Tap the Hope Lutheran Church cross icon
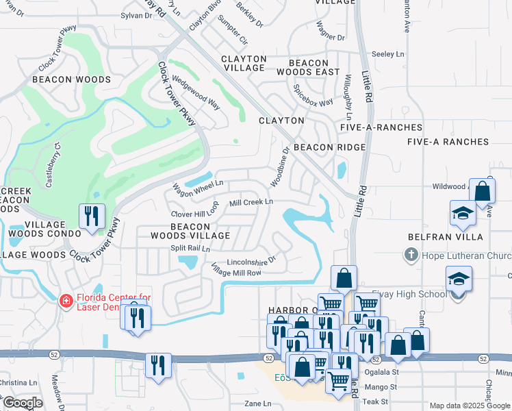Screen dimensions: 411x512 (411, 256)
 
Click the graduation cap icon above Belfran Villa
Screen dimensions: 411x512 (463, 213)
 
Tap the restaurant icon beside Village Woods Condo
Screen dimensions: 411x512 (90, 216)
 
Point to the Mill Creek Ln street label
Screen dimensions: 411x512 (251, 203)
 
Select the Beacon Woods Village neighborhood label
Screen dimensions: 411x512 (190, 231)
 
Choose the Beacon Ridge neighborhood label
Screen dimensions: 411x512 (329, 147)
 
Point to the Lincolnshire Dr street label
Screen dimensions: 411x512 (251, 260)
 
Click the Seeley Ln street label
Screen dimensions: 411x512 (388, 53)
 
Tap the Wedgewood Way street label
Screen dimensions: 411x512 (196, 93)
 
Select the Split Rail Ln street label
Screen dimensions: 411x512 (190, 248)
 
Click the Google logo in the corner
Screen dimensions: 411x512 (22, 403)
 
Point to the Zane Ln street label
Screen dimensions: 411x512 (258, 404)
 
